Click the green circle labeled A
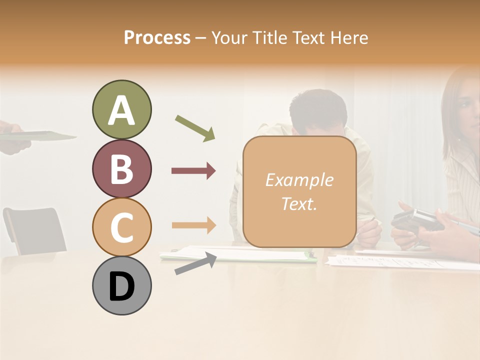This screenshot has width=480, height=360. (x=121, y=110)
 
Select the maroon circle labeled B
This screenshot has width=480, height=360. (x=121, y=169)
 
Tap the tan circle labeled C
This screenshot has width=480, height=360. (x=121, y=227)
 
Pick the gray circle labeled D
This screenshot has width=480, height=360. (x=121, y=285)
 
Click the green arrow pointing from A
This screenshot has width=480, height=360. (x=195, y=128)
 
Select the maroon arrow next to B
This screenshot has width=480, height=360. (x=193, y=171)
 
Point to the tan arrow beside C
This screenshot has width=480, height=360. (x=193, y=225)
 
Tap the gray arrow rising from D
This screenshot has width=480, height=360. (x=195, y=263)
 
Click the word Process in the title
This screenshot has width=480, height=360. (x=157, y=37)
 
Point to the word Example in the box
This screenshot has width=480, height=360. (x=299, y=180)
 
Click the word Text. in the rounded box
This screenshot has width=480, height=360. (x=299, y=203)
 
